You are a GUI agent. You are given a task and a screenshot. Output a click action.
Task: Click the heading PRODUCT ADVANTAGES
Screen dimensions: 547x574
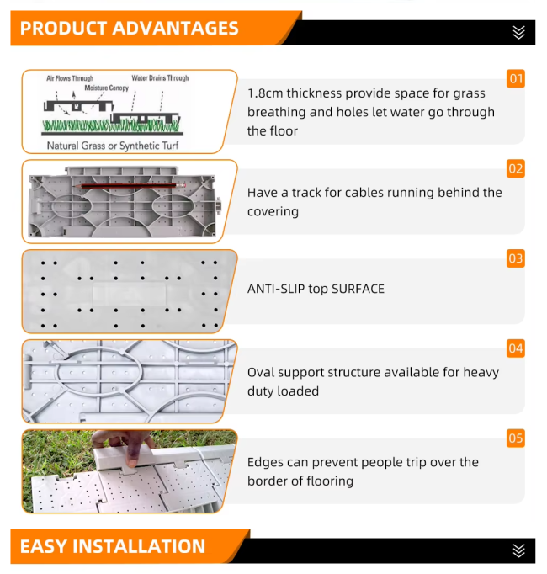130,28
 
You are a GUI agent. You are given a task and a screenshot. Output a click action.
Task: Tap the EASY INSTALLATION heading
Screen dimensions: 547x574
113,546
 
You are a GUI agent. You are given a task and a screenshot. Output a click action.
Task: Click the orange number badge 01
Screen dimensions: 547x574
516,79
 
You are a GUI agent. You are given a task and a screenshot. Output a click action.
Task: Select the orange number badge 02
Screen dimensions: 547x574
516,169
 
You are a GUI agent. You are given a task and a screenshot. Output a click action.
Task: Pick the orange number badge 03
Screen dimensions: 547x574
516,258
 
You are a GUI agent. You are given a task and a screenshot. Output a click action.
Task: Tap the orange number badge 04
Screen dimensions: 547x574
516,348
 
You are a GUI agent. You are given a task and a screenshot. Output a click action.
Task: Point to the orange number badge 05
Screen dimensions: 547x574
516,438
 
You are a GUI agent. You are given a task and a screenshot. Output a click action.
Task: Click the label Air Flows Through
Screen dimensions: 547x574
70,78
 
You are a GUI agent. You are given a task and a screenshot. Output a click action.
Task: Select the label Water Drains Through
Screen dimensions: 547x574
160,78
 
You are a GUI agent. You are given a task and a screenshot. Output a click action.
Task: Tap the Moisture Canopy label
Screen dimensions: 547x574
107,88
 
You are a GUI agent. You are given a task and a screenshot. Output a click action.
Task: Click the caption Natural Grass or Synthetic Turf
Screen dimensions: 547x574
113,146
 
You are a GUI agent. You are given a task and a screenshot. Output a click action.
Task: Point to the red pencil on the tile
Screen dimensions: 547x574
129,186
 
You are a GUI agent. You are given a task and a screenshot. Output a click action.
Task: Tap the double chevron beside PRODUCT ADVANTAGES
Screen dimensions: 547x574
518,33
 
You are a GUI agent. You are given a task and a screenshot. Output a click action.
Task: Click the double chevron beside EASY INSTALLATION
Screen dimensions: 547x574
518,550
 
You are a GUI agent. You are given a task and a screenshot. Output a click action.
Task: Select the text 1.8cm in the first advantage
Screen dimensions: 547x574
265,93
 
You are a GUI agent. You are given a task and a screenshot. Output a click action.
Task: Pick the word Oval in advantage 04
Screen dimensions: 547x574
259,372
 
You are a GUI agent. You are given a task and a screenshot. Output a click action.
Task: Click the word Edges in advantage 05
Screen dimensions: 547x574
265,462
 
